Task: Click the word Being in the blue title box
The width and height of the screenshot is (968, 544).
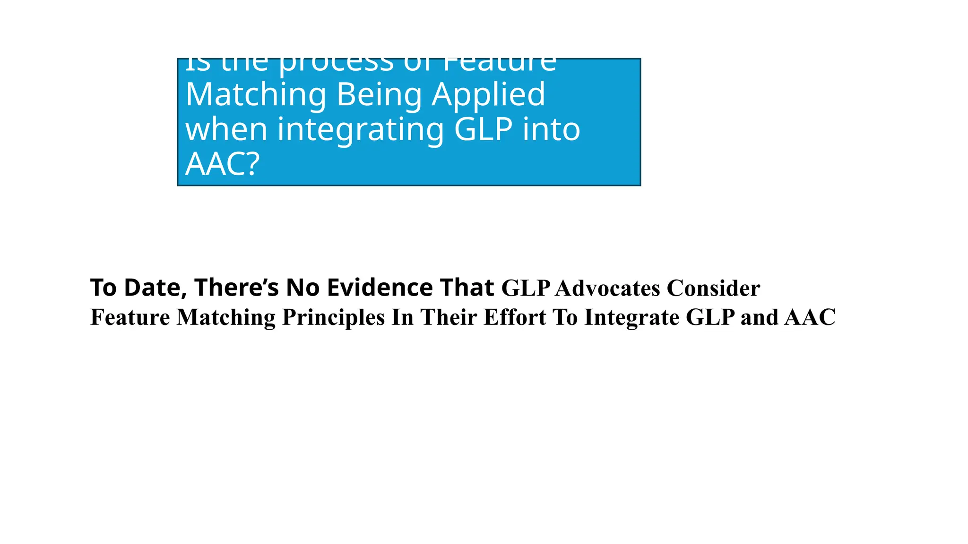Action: [379, 94]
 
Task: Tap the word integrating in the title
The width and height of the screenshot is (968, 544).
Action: [361, 130]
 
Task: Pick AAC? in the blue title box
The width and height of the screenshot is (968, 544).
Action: [223, 164]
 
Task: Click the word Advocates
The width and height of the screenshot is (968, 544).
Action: [607, 289]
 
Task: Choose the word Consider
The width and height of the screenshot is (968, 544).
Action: [713, 289]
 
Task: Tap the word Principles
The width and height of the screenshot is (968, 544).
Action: [333, 317]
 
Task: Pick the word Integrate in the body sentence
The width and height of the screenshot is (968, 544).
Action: [631, 317]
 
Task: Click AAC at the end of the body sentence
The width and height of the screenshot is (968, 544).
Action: [810, 317]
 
